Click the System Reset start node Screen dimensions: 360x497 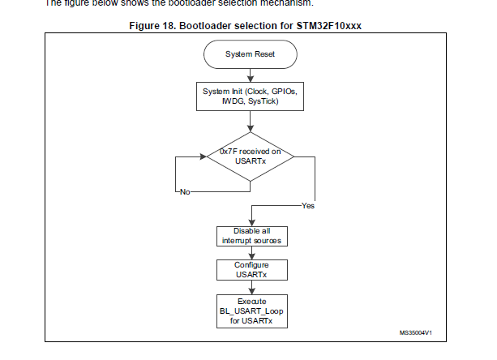click(x=250, y=55)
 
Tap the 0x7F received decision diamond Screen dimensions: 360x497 click(x=250, y=155)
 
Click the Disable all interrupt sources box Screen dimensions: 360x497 click(x=250, y=236)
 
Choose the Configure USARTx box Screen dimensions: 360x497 click(x=250, y=271)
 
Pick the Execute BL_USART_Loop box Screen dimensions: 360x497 click(x=250, y=311)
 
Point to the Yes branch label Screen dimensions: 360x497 click(x=308, y=205)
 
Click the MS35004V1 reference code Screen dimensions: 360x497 click(x=415, y=333)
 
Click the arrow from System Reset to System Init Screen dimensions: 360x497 click(x=250, y=75)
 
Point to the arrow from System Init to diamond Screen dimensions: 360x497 click(x=250, y=122)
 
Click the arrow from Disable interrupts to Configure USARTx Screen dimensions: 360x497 click(x=250, y=252)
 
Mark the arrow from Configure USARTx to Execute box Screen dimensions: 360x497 click(x=250, y=289)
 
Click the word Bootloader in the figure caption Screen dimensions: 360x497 click(x=209, y=25)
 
